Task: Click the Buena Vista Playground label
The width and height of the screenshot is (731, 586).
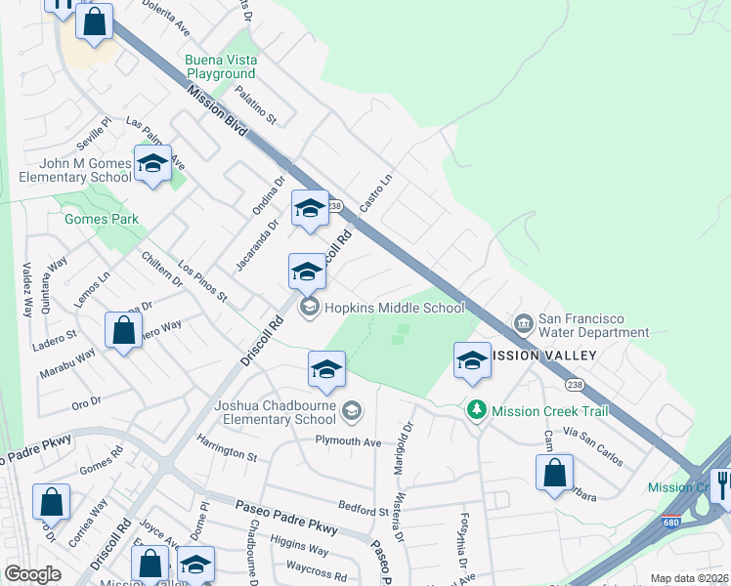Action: pos(222,66)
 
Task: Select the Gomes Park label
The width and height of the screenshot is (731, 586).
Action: pos(102,220)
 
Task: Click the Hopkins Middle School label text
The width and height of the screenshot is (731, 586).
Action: pos(394,308)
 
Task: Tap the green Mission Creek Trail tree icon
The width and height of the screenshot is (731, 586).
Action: pos(477,411)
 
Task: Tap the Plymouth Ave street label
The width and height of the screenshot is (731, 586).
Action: pos(347,441)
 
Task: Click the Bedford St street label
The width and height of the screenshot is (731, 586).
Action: pos(363,509)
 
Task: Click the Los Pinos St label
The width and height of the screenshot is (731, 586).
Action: pos(202,281)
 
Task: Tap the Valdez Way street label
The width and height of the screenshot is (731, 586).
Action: pos(27,289)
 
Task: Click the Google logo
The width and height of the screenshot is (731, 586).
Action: pos(32,573)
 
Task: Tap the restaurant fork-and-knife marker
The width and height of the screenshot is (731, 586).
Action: pos(722,483)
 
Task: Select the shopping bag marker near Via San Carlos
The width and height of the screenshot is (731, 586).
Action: pos(554,473)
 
